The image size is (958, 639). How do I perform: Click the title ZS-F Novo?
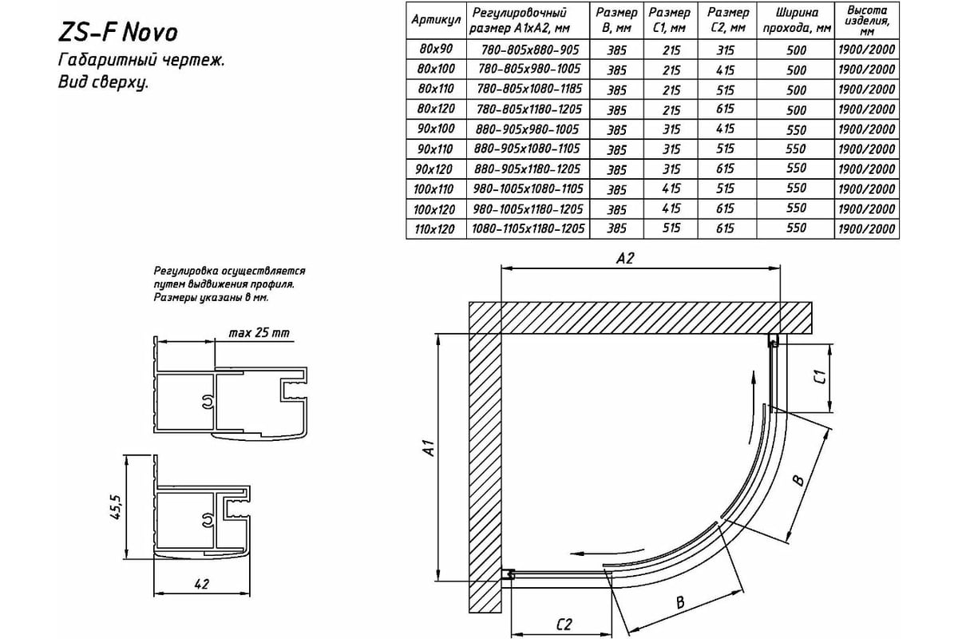click(x=117, y=33)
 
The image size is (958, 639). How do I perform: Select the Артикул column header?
click(x=436, y=20)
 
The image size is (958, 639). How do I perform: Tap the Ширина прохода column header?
click(x=797, y=20)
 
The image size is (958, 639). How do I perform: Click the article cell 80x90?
click(x=436, y=49)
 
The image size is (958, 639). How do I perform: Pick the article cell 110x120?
click(x=434, y=229)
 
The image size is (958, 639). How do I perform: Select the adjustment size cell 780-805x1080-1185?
click(x=529, y=89)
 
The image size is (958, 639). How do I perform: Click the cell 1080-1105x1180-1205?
click(x=528, y=229)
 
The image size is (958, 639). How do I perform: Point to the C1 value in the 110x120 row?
click(x=671, y=228)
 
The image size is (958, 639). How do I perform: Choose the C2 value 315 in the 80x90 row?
click(x=726, y=50)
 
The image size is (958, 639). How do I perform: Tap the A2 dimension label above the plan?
click(x=625, y=258)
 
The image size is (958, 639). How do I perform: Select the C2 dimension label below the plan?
click(x=564, y=625)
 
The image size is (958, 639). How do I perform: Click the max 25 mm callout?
click(x=259, y=332)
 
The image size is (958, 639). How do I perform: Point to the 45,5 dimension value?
click(x=117, y=507)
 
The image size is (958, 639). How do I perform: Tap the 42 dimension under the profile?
click(x=201, y=584)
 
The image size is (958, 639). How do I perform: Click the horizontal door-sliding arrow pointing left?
click(x=607, y=552)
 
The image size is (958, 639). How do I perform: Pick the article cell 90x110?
click(x=435, y=149)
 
